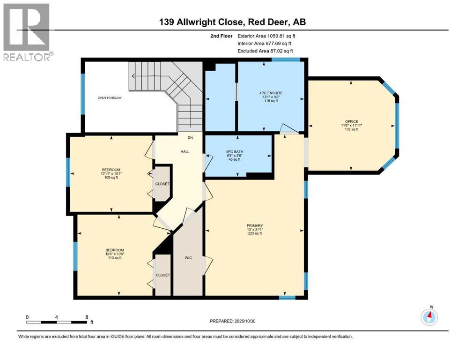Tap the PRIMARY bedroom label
[x=255, y=225]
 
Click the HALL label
[x=184, y=152]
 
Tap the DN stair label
[x=190, y=138]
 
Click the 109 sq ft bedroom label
[x=111, y=170]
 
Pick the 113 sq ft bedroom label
[x=114, y=250]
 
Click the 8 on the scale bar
[x=86, y=317]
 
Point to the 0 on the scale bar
[x=28, y=317]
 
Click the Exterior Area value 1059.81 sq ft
[x=276, y=36]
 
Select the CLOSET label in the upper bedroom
[x=163, y=184]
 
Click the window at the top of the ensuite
[x=286, y=60]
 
